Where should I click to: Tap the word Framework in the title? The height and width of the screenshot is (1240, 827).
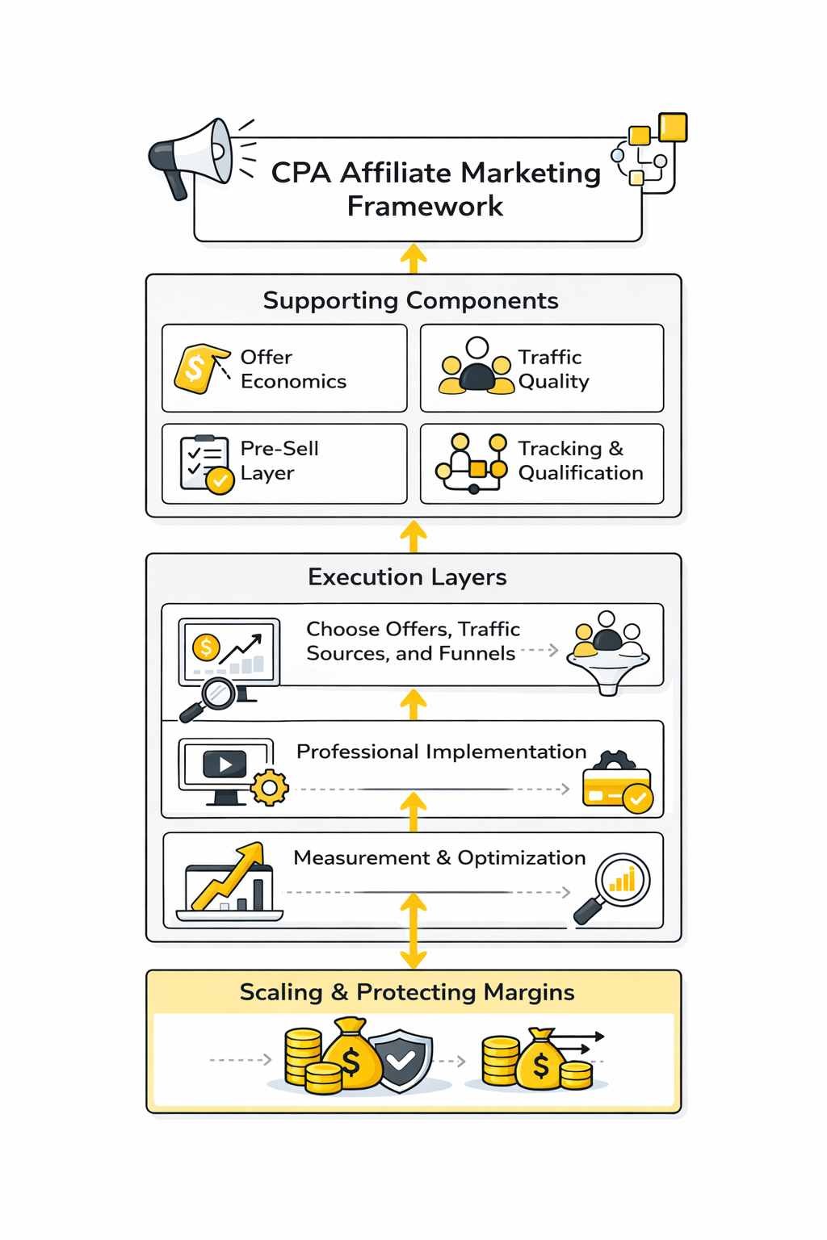pyautogui.click(x=425, y=207)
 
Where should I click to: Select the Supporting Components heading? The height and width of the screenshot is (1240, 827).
pyautogui.click(x=410, y=300)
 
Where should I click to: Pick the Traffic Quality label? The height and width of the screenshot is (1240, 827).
pyautogui.click(x=553, y=369)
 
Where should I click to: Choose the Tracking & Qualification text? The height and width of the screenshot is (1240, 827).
pyautogui.click(x=580, y=460)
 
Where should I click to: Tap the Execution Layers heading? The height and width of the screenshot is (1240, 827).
pyautogui.click(x=407, y=577)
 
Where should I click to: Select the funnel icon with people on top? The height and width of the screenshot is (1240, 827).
pyautogui.click(x=608, y=654)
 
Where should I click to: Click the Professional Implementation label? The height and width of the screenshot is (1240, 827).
pyautogui.click(x=441, y=752)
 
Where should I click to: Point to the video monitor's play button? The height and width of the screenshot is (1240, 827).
pyautogui.click(x=225, y=764)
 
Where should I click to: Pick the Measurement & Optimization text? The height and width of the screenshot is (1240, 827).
pyautogui.click(x=439, y=857)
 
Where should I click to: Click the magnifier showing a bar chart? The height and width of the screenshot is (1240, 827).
pyautogui.click(x=618, y=885)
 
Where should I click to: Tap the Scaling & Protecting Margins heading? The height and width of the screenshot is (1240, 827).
pyautogui.click(x=407, y=992)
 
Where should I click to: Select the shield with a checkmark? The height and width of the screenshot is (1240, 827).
pyautogui.click(x=401, y=1060)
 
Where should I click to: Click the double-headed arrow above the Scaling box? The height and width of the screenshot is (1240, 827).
pyautogui.click(x=413, y=930)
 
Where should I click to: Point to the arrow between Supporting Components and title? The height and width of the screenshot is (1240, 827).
pyautogui.click(x=413, y=258)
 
